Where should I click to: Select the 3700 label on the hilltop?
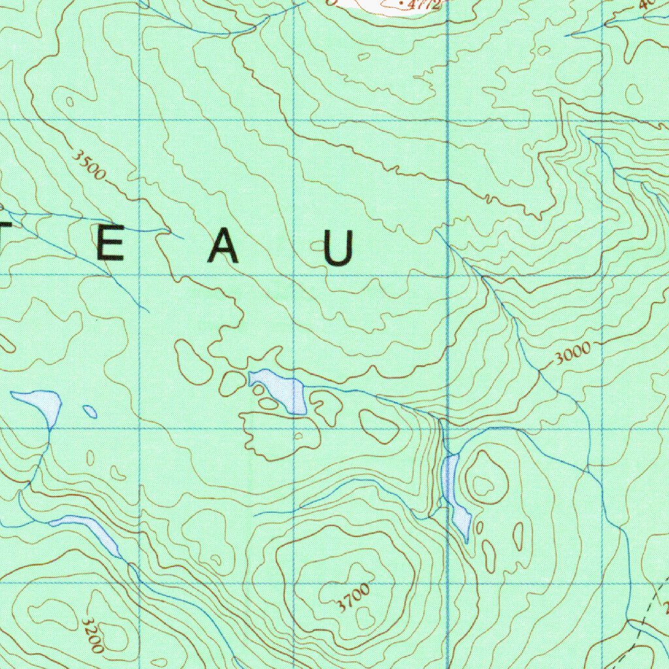(353, 598)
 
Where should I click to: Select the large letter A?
(224, 248)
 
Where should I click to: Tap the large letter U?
(340, 249)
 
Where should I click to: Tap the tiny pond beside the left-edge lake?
(90, 412)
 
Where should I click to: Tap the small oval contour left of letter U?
(318, 246)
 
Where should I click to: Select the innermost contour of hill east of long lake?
(484, 485)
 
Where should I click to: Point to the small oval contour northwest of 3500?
(69, 101)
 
